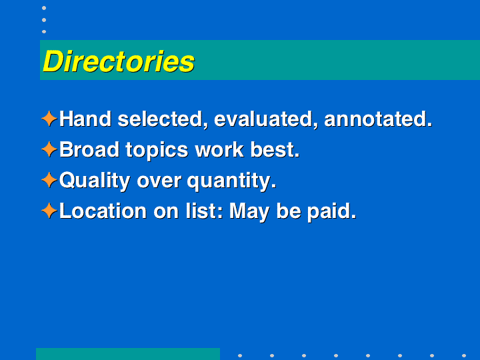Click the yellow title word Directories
click(x=119, y=61)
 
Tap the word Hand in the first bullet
click(x=85, y=119)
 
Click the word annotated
click(x=378, y=119)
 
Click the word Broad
click(x=89, y=150)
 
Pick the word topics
click(x=157, y=151)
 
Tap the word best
click(x=275, y=150)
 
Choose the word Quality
click(x=95, y=181)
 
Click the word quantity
click(x=231, y=181)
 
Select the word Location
click(x=103, y=211)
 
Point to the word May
click(x=249, y=212)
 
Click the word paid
click(x=331, y=212)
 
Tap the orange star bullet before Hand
click(x=49, y=119)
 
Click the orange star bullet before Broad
click(x=49, y=149)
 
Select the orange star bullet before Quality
click(x=49, y=180)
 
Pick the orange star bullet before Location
click(x=49, y=211)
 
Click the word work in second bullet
click(x=219, y=150)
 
